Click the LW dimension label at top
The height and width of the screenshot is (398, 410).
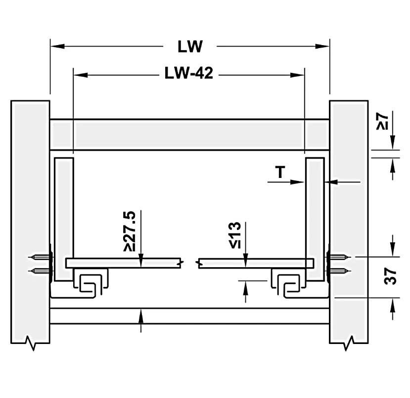(190, 47)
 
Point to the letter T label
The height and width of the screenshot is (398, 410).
(280, 172)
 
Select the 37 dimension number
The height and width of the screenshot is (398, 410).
(391, 276)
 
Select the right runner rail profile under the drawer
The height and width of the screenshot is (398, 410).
(286, 284)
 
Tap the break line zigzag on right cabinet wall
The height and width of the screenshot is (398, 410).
(350, 342)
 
